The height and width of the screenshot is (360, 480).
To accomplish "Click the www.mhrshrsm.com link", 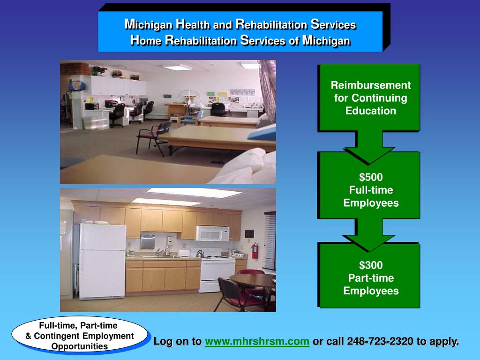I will click(257, 341).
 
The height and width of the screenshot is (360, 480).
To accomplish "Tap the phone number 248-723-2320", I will click(380, 341).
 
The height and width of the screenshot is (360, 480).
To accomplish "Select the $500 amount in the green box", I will click(371, 177).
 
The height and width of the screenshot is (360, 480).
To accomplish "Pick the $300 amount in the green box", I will click(371, 265).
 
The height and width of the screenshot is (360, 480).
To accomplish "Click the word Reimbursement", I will click(371, 85).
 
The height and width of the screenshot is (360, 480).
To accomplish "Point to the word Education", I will click(371, 111).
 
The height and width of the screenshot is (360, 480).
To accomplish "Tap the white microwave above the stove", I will click(212, 233).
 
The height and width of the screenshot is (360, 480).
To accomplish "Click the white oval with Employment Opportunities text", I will click(80, 336).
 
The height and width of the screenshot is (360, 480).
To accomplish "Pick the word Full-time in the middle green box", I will click(371, 190).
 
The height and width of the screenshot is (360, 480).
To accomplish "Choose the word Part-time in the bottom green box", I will click(371, 278).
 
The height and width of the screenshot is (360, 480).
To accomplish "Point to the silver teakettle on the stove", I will click(200, 254).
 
